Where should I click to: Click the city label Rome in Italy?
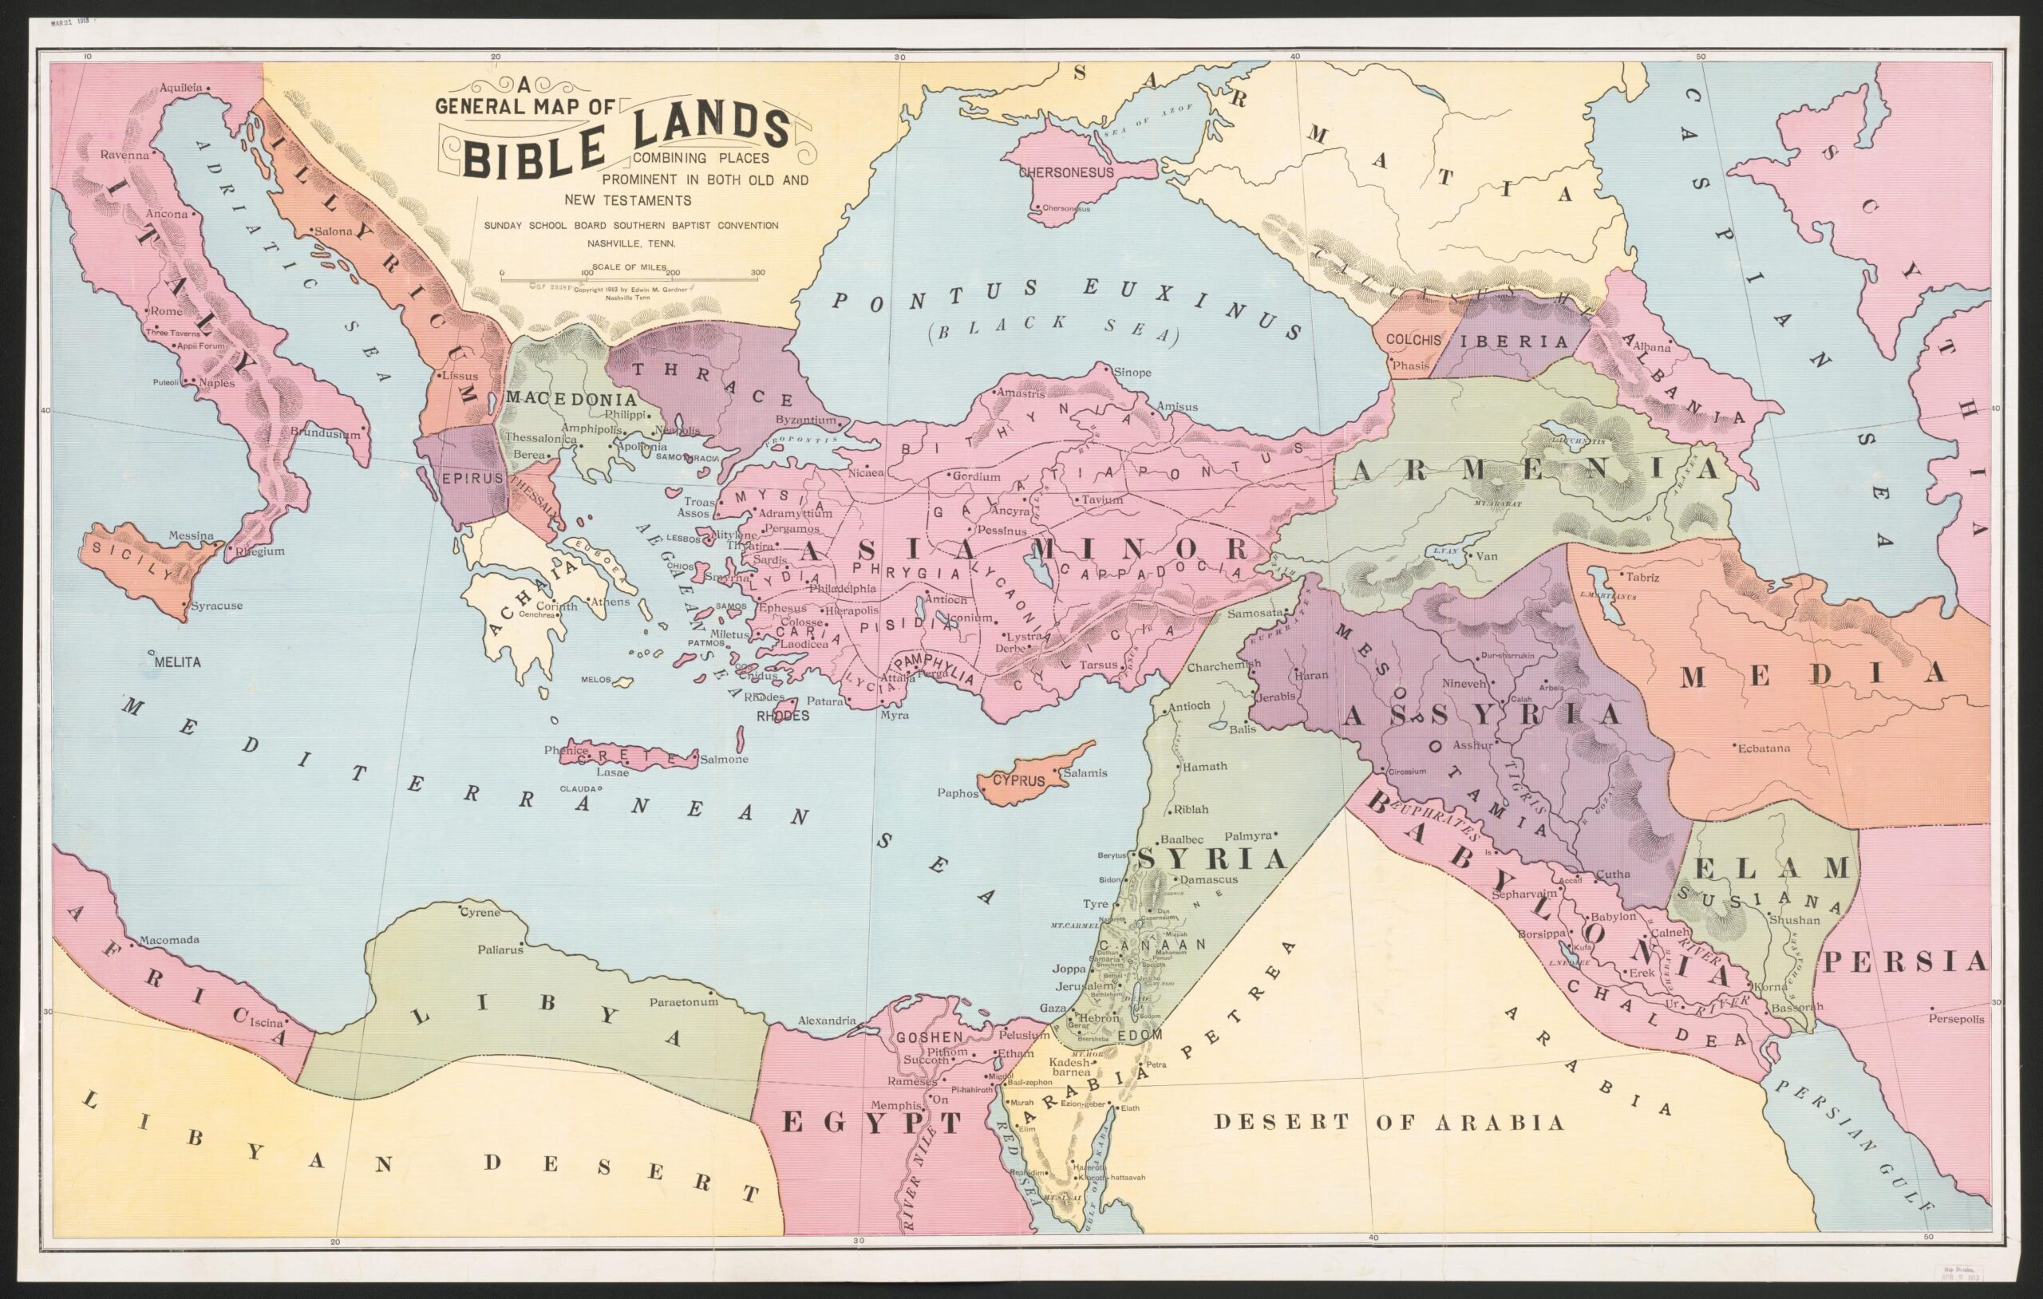(x=167, y=311)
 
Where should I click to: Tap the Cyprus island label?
(x=1018, y=780)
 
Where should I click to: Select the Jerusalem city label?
(x=1085, y=987)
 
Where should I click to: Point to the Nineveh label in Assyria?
(x=1465, y=682)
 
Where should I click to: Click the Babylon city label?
(x=1613, y=917)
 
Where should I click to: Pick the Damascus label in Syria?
(x=1209, y=880)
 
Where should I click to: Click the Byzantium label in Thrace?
(x=806, y=420)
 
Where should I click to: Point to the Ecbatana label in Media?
(x=1763, y=748)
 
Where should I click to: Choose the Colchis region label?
(x=1413, y=339)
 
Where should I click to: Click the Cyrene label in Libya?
(x=480, y=913)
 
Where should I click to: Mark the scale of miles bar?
(x=629, y=277)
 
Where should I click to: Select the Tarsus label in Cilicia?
(x=1098, y=665)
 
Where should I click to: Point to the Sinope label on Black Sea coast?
(x=1132, y=373)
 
